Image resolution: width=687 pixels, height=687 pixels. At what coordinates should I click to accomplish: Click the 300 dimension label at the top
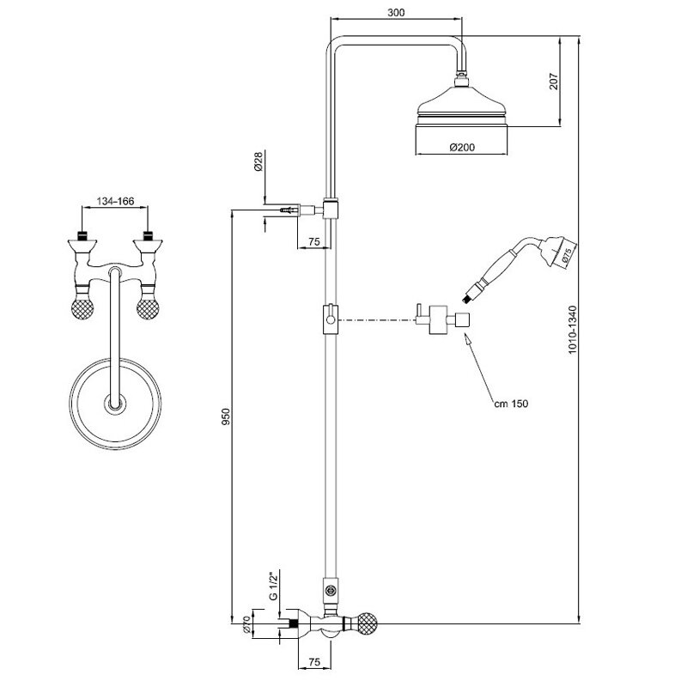click(396, 13)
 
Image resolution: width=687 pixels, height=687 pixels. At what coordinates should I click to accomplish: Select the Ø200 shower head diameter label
click(462, 148)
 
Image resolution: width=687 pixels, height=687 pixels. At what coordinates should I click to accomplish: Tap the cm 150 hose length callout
click(510, 404)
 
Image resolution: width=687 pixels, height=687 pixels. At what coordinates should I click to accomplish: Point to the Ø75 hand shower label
click(566, 254)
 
